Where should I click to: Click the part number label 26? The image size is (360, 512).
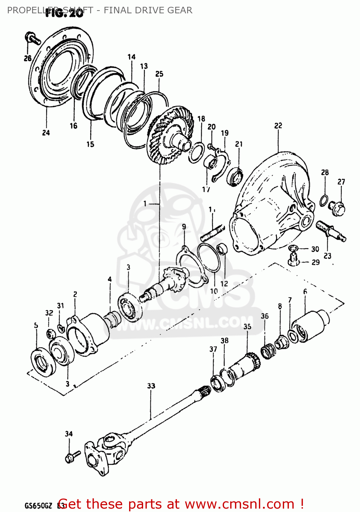pyautogui.click(x=28, y=58)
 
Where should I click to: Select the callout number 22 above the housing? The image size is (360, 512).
pyautogui.click(x=278, y=126)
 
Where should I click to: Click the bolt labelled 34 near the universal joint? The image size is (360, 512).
pyautogui.click(x=72, y=457)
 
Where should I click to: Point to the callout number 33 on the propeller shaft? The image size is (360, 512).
pyautogui.click(x=151, y=386)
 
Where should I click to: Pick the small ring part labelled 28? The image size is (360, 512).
pyautogui.click(x=324, y=200)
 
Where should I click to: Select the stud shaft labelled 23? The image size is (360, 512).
pyautogui.click(x=330, y=231)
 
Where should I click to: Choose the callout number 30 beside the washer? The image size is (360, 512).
pyautogui.click(x=315, y=249)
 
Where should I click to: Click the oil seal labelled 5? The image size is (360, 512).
pyautogui.click(x=43, y=361)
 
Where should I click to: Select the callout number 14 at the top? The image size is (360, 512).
pyautogui.click(x=131, y=57)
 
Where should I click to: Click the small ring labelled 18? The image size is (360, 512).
pyautogui.click(x=197, y=152)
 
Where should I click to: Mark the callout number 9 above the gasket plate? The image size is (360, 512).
pyautogui.click(x=184, y=227)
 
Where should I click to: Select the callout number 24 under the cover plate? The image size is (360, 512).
pyautogui.click(x=46, y=133)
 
